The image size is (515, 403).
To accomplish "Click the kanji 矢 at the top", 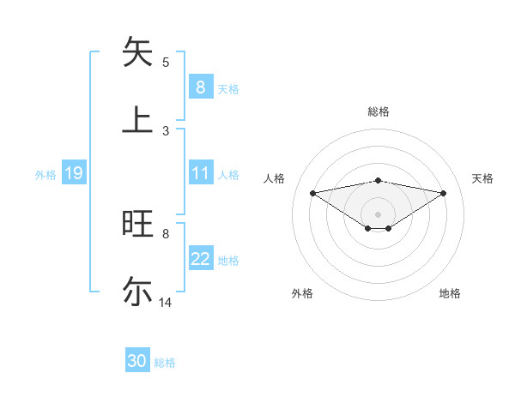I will point(138,52).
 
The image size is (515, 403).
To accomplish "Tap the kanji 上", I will point(138,119).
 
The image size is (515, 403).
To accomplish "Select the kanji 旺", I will point(138,224).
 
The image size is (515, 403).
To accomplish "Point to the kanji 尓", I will point(138,291).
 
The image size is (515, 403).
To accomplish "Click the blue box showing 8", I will point(200,87).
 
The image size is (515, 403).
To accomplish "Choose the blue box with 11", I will point(200,173).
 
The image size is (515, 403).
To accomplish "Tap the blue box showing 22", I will point(200,259).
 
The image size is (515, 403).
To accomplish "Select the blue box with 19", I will point(73,174).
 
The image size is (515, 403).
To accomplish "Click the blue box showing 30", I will point(137,361).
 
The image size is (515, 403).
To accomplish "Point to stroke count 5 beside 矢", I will point(166,63).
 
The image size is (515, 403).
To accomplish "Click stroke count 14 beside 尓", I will point(166,303).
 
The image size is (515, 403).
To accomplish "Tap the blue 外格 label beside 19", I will point(45,175).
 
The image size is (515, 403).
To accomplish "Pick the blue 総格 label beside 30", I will point(165,363).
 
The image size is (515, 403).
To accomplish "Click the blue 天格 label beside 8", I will point(228,89).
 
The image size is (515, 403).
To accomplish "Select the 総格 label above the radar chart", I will point(379,111).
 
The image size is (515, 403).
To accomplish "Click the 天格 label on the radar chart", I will point(482,178).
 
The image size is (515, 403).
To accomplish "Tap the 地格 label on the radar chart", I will point(450,293).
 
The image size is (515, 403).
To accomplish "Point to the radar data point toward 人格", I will point(312,192).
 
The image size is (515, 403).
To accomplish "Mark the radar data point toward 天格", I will point(444,192).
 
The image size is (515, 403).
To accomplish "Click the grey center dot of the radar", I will point(379,214).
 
